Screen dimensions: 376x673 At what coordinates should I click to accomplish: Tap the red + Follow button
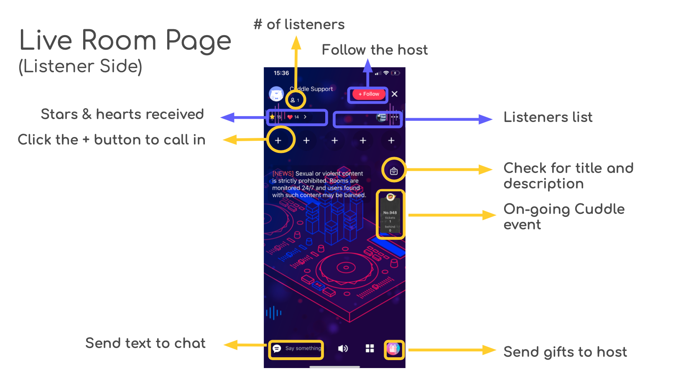click(x=368, y=94)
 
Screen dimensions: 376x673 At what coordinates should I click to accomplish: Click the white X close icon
click(x=395, y=94)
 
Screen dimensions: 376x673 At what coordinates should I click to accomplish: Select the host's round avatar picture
click(x=276, y=94)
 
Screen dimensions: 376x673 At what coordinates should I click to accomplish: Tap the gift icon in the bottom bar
click(x=393, y=349)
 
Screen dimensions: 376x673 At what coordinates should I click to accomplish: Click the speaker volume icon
click(x=343, y=348)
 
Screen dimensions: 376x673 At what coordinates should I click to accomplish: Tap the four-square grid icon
click(x=370, y=348)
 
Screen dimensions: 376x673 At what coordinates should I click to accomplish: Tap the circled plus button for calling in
click(x=278, y=140)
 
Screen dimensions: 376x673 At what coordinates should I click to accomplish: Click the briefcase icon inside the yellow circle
click(x=394, y=171)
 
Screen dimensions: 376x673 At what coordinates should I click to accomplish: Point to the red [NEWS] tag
click(x=283, y=173)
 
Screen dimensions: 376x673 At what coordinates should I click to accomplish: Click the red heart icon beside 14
click(x=290, y=117)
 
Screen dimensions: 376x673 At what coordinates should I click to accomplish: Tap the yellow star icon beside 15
click(x=272, y=117)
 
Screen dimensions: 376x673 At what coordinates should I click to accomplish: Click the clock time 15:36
click(x=281, y=73)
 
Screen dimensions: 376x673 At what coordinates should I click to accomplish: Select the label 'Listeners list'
click(x=548, y=117)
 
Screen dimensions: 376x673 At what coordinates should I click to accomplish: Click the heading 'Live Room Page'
click(x=125, y=41)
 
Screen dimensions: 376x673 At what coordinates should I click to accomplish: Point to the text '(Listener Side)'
click(x=81, y=66)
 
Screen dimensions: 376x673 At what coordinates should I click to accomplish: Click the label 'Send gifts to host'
click(x=565, y=352)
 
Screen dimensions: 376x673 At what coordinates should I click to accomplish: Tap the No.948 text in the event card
click(x=390, y=213)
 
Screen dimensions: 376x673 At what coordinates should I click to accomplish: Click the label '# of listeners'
click(x=299, y=25)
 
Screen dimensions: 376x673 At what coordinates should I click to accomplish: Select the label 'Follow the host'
click(x=375, y=50)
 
